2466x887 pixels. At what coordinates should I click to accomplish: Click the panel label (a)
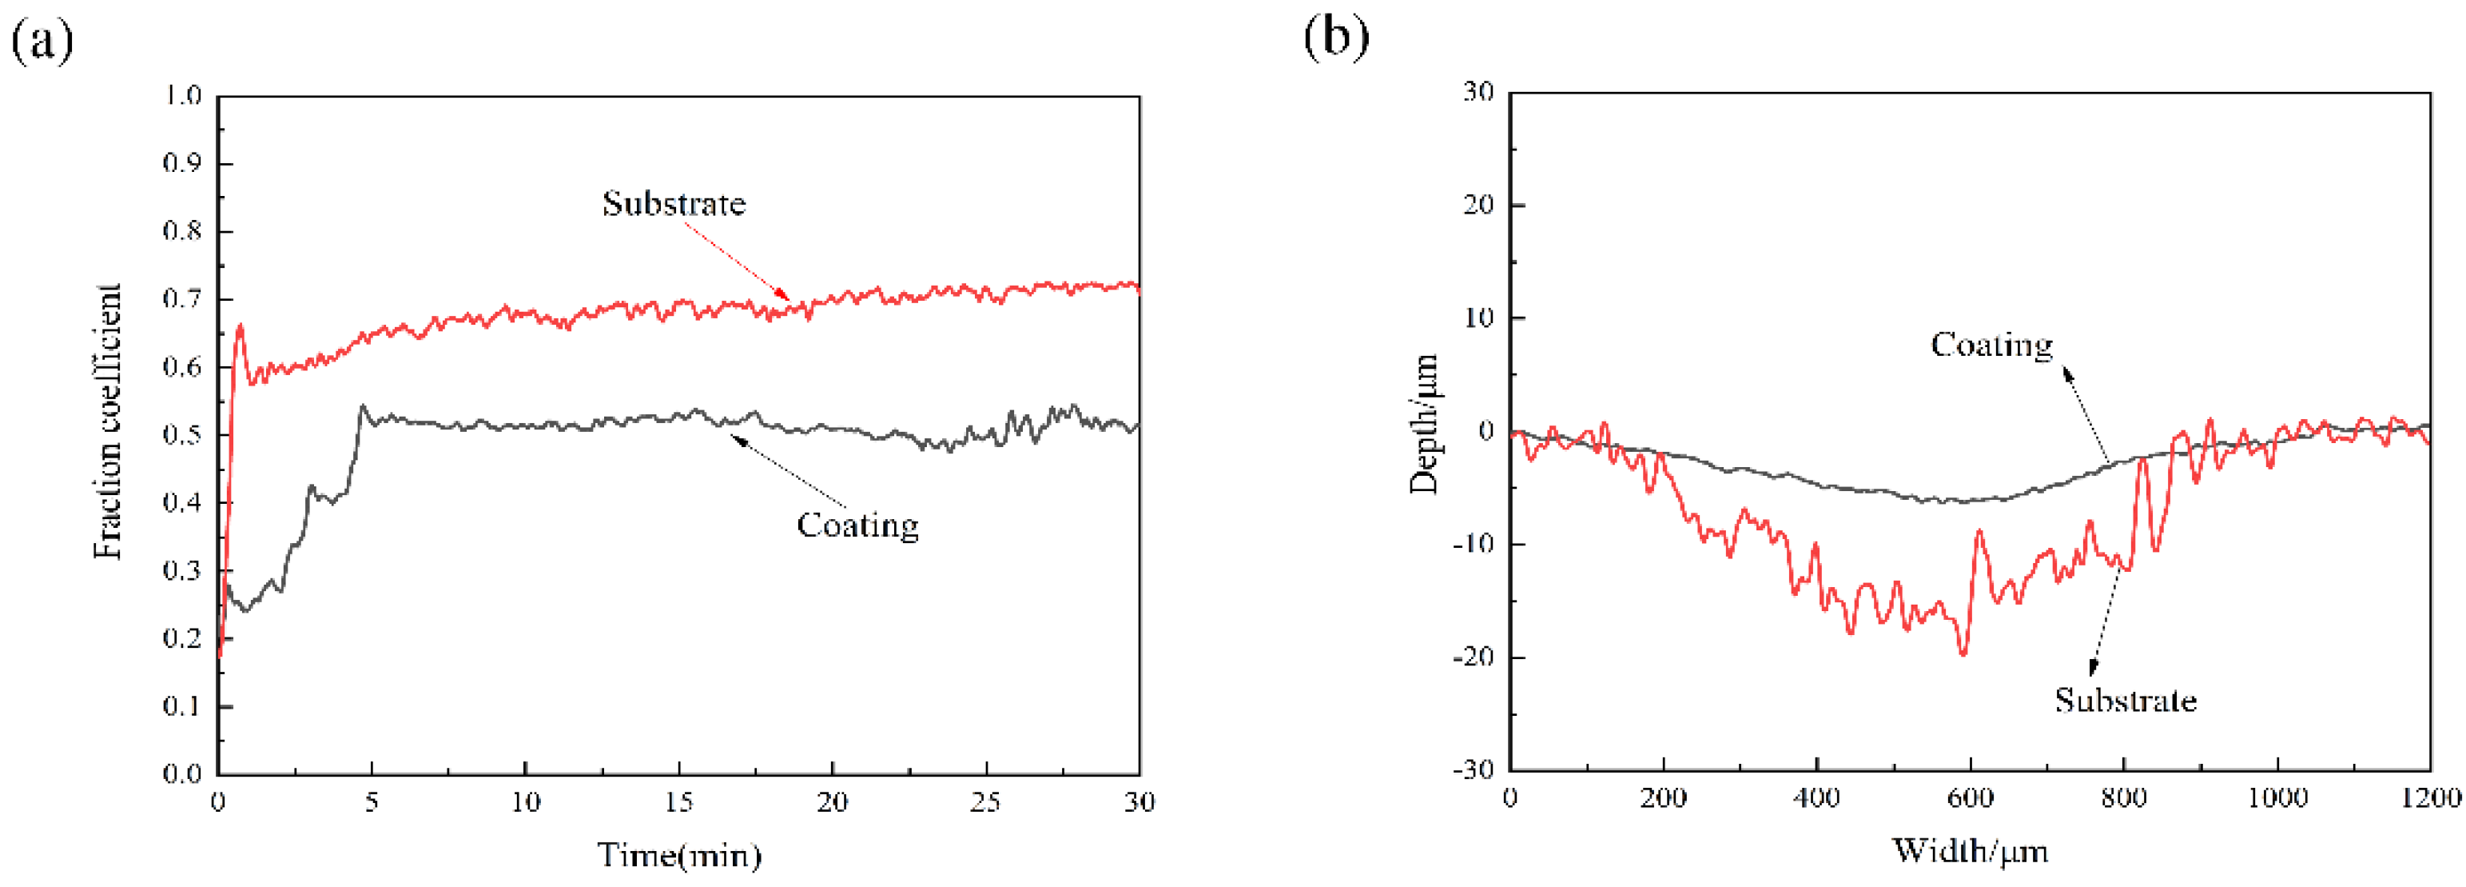tap(42, 40)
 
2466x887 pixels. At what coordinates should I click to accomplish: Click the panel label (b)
tap(1336, 38)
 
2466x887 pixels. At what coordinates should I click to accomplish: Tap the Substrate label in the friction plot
tap(673, 203)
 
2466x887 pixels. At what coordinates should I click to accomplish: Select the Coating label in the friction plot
tap(857, 525)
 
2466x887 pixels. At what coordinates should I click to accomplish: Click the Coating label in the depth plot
tap(1991, 345)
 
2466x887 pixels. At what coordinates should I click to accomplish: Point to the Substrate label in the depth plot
tap(2126, 700)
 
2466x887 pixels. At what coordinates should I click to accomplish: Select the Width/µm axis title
tap(1970, 849)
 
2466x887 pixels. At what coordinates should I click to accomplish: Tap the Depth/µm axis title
tap(1425, 423)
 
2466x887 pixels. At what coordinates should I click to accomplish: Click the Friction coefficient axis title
tap(108, 422)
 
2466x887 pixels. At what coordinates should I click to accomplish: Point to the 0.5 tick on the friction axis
tap(182, 435)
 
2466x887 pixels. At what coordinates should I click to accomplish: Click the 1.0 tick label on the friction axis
tap(182, 96)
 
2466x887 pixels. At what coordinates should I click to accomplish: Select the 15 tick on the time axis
tap(678, 801)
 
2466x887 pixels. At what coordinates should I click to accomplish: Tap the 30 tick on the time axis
tap(1138, 801)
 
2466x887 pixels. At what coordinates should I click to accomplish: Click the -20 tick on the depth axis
tap(1472, 657)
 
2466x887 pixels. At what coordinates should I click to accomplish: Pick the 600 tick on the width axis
tap(1970, 797)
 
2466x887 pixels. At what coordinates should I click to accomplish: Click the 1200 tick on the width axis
tap(2429, 797)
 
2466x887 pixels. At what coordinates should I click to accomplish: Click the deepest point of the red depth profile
tap(1963, 654)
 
